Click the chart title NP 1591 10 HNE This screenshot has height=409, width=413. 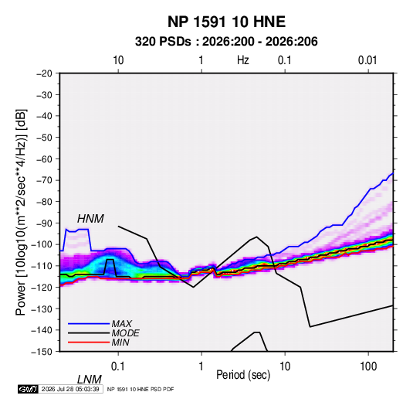[x=226, y=22]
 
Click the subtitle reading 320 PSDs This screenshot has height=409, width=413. [x=163, y=42]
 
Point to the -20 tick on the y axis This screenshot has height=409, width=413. [x=44, y=73]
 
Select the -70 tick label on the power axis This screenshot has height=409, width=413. [x=44, y=180]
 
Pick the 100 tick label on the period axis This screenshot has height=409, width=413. [x=368, y=366]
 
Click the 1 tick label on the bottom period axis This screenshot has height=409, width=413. [x=201, y=366]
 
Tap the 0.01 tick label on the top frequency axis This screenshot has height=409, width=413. [x=367, y=60]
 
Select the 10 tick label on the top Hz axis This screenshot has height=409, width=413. [x=118, y=60]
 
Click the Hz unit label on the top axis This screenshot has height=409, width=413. [x=242, y=60]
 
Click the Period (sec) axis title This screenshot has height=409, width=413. [x=243, y=375]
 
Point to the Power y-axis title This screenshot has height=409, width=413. [x=21, y=213]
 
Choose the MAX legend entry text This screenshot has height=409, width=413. [x=121, y=324]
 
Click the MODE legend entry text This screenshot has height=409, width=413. [x=125, y=333]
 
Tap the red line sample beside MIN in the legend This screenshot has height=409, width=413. [x=89, y=343]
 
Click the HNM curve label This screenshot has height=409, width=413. [x=90, y=219]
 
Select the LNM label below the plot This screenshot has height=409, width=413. [x=89, y=380]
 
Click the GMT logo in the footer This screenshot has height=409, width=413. [x=29, y=389]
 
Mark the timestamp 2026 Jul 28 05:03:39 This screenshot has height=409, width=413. [x=70, y=389]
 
